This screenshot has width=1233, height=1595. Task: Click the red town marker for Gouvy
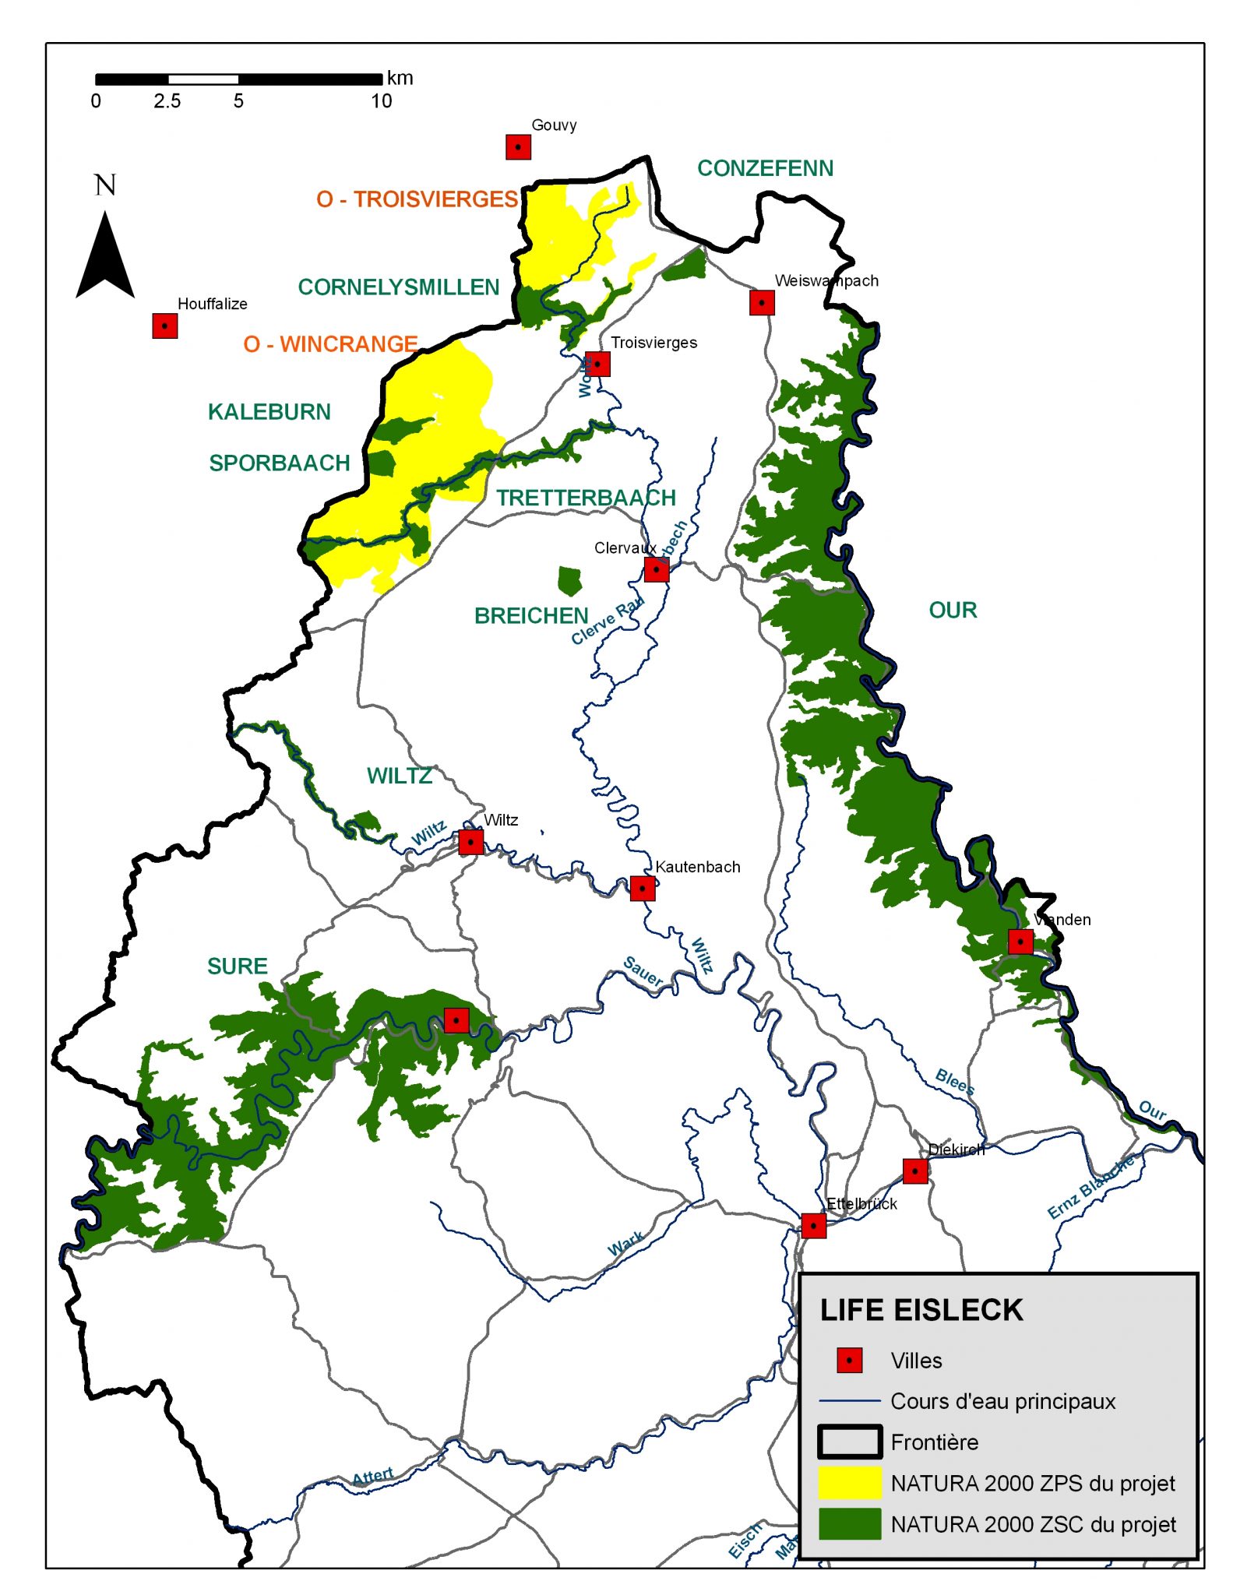click(x=518, y=146)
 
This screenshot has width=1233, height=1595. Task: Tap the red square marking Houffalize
click(x=164, y=326)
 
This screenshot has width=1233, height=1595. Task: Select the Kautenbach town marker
click(x=642, y=888)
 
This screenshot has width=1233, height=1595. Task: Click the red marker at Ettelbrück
click(x=813, y=1225)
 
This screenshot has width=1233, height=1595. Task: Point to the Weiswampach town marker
click(x=761, y=302)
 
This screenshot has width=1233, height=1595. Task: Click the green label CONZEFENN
click(x=764, y=168)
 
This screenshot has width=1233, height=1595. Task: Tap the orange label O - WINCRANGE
click(x=330, y=343)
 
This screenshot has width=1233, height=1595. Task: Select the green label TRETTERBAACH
click(x=586, y=498)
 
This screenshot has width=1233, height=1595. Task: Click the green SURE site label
click(x=237, y=966)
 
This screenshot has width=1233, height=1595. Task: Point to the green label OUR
click(x=952, y=610)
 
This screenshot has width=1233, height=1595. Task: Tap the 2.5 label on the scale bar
click(x=167, y=101)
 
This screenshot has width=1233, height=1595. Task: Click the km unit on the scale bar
click(x=400, y=78)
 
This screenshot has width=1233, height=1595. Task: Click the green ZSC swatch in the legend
click(x=849, y=1523)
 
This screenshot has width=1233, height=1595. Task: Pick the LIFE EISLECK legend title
click(x=921, y=1310)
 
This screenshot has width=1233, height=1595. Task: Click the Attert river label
click(x=372, y=1477)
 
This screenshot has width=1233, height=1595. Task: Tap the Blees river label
click(x=954, y=1081)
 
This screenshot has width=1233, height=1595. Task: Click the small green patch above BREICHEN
click(x=569, y=580)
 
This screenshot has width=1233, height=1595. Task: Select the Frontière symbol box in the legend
click(x=849, y=1442)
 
